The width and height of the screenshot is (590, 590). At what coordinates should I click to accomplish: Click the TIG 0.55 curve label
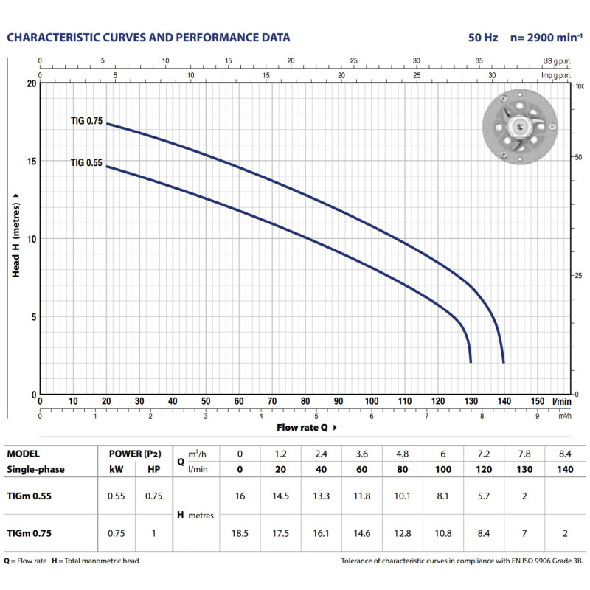(87, 162)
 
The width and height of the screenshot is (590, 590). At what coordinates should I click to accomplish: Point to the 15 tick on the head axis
(32, 161)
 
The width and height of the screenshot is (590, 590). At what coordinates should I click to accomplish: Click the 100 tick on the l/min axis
(372, 401)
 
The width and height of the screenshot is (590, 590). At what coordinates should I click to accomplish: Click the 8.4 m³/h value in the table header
(566, 454)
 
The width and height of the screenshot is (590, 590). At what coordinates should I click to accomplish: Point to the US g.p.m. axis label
(557, 62)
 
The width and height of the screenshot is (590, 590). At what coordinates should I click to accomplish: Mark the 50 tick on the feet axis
(578, 157)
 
